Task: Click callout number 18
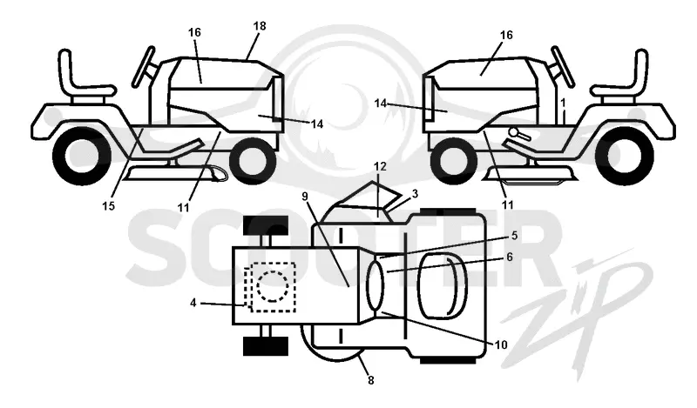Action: click(x=260, y=26)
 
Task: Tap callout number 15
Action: click(x=108, y=206)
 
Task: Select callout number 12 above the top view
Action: click(x=380, y=167)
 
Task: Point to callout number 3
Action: click(x=415, y=194)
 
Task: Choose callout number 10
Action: click(x=501, y=345)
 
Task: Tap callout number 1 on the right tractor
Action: click(x=563, y=103)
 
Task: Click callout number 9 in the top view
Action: click(x=304, y=197)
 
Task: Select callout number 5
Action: click(x=514, y=235)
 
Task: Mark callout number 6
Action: click(x=510, y=257)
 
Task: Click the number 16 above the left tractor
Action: click(x=194, y=32)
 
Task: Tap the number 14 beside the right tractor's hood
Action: click(x=381, y=104)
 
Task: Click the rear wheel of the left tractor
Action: click(x=82, y=156)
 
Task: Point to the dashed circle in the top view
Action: click(x=272, y=286)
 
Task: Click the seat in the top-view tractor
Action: click(x=442, y=286)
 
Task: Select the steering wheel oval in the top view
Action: click(x=375, y=285)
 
